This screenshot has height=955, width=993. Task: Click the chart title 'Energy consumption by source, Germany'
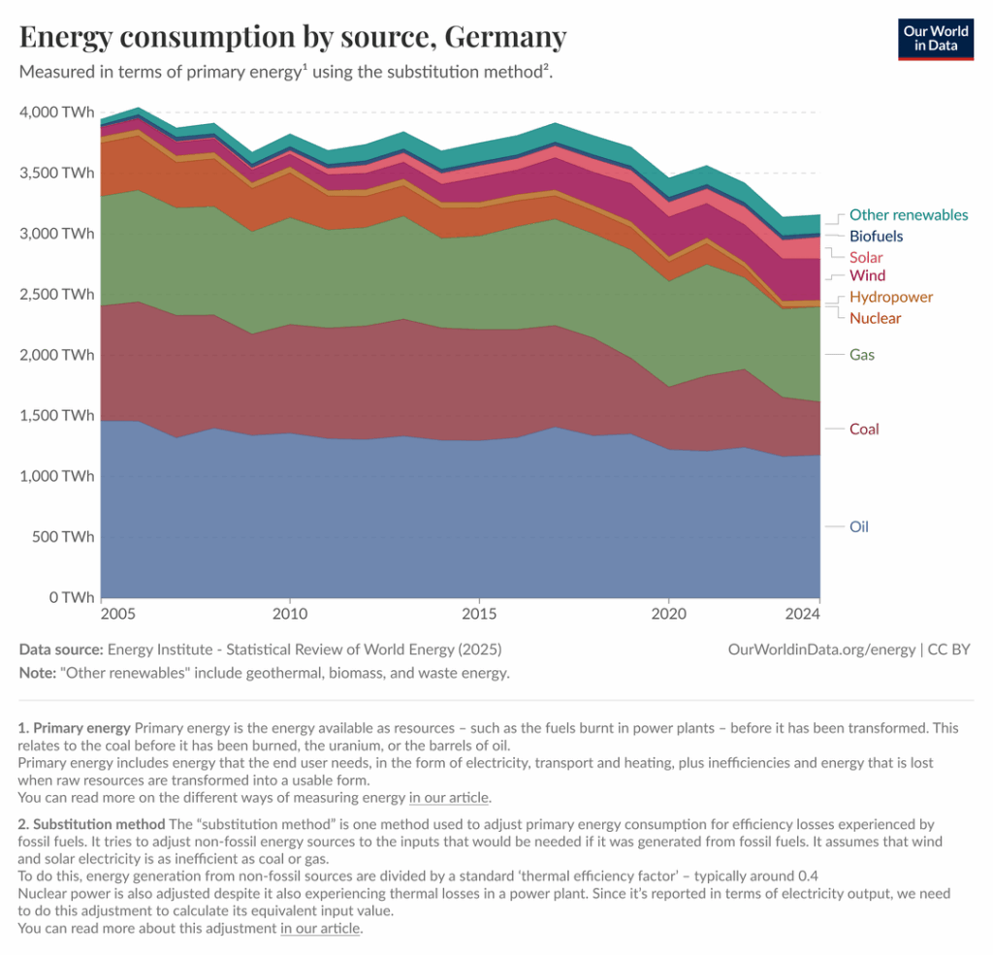point(293,37)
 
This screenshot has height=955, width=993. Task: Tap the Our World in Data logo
point(936,39)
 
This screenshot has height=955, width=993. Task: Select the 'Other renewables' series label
point(908,215)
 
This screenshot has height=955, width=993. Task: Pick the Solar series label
point(866,258)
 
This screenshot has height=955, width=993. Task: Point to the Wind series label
point(867,276)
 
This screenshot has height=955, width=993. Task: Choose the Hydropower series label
point(890,297)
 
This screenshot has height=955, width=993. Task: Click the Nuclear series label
point(875,318)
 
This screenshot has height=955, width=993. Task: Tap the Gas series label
point(862,355)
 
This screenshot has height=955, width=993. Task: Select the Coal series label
point(863,429)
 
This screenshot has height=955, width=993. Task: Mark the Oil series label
point(858,526)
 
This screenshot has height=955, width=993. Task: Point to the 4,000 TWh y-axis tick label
point(57,112)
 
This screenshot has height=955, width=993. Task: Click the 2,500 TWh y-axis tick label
point(57,295)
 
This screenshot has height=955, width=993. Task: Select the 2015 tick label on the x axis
point(479,615)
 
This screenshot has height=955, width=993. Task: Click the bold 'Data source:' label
point(61,650)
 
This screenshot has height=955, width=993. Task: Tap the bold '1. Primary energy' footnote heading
point(75,727)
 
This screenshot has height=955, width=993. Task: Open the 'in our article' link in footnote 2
point(320,928)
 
